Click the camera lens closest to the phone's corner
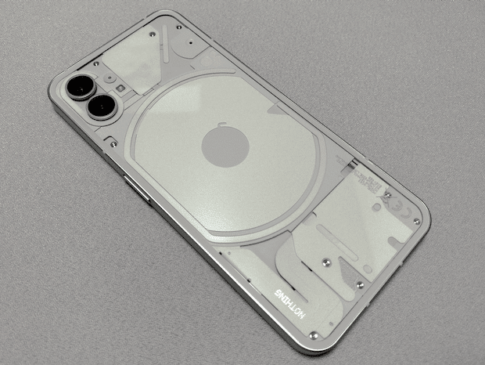tap(78, 87)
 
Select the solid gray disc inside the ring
tap(225, 146)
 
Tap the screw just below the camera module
tap(114, 143)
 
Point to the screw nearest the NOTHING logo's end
tap(314, 335)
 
